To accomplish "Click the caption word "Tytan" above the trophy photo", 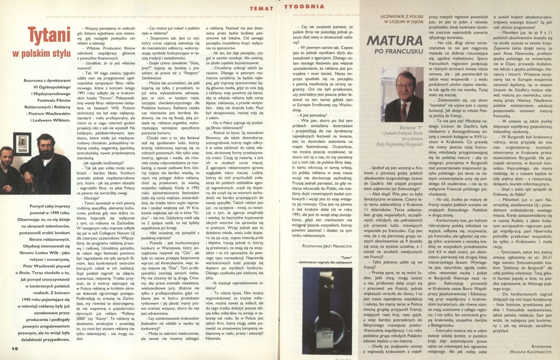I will pos(320,270).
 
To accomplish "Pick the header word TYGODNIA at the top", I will pos(305,6).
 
